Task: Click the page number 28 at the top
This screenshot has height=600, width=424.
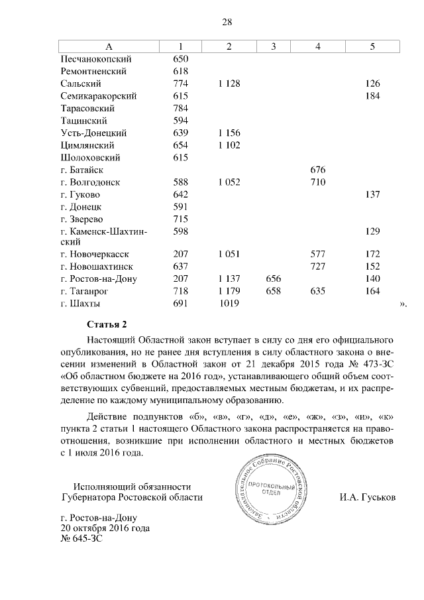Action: point(226,22)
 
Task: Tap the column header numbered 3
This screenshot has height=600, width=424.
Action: point(274,46)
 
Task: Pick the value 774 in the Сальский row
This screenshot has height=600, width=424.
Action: point(181,84)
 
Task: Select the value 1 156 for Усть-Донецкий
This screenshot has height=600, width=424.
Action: point(228,133)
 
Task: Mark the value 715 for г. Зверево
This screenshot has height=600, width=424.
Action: point(181,219)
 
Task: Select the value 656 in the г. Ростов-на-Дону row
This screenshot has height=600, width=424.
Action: point(274,278)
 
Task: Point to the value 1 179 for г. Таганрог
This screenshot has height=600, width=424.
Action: point(228,291)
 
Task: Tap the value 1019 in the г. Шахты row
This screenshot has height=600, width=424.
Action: point(228,304)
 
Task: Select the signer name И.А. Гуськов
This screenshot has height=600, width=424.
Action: point(366,497)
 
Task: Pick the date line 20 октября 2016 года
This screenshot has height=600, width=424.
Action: point(105,528)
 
